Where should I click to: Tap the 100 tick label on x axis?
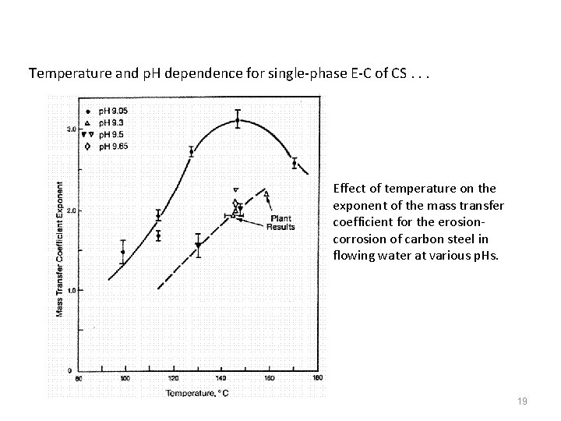[x=125, y=380]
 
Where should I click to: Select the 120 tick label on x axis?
[x=173, y=380]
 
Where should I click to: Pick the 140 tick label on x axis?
[x=221, y=380]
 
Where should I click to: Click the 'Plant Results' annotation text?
[x=280, y=222]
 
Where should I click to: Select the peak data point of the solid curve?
[x=238, y=121]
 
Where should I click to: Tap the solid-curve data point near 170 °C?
[x=294, y=164]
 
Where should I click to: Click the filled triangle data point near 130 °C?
[x=198, y=246]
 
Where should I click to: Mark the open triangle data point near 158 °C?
[x=266, y=193]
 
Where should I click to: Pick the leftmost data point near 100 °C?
[x=123, y=252]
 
